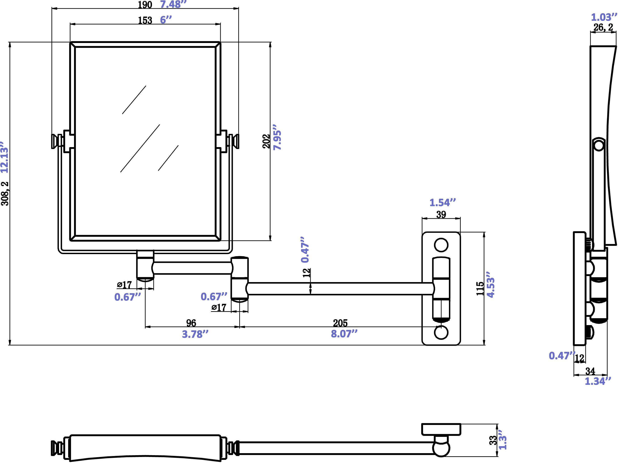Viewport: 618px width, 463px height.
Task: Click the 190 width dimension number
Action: tap(145, 5)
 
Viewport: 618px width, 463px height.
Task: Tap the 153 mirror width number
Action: tap(145, 20)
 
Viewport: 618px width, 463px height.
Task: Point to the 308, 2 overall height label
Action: tap(5, 194)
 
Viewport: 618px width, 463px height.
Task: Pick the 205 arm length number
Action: tap(340, 323)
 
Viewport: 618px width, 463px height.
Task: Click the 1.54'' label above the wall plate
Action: tap(442, 203)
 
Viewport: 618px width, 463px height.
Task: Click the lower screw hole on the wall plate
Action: tap(441, 332)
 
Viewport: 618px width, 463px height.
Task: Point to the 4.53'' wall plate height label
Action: tap(491, 285)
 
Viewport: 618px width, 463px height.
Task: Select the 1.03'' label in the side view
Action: tap(603, 17)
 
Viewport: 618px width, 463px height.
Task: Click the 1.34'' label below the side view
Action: tap(598, 381)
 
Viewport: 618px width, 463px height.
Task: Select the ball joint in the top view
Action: tap(441, 448)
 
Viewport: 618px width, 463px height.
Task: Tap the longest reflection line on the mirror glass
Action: tap(140, 148)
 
